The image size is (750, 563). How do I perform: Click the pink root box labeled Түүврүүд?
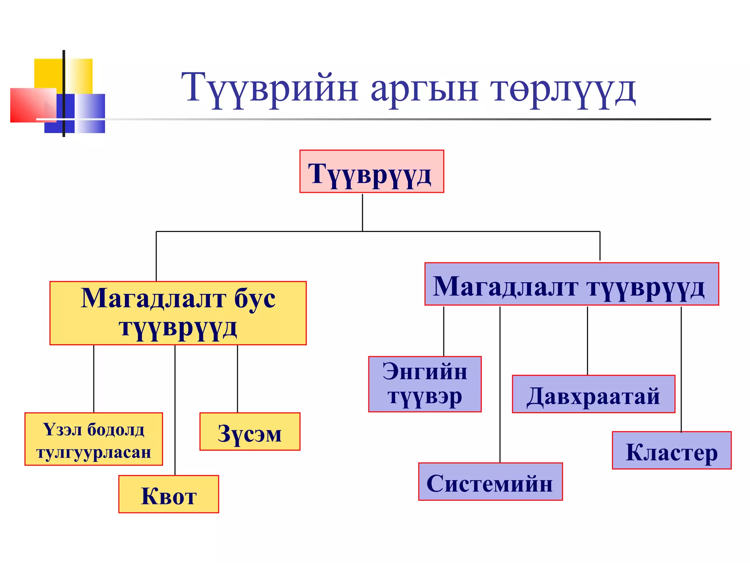pos(371,171)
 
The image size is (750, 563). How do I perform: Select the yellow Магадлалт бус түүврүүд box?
pos(178,313)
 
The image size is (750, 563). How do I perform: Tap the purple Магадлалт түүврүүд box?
pos(571,284)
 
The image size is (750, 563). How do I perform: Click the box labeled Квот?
pos(168,494)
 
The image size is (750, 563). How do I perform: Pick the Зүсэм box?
pos(250,431)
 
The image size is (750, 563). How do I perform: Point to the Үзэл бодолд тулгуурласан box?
pos(94,439)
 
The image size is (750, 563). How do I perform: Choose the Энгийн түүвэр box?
pos(425,384)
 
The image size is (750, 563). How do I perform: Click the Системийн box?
pos(490,482)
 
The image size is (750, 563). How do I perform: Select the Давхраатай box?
pos(593,394)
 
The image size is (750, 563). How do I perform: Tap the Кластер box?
pos(672,450)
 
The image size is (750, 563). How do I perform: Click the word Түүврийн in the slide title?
pos(269,88)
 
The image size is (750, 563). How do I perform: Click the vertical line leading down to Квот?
pos(175,411)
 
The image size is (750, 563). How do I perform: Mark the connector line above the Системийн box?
pos(500,385)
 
